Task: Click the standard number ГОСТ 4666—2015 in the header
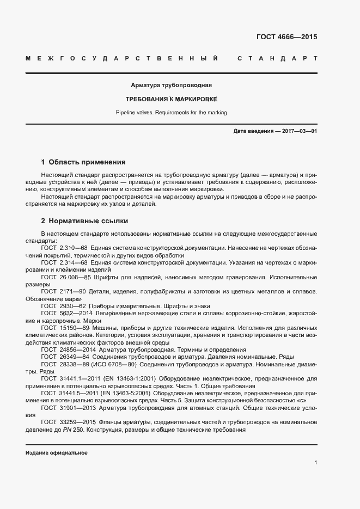[x=286, y=38]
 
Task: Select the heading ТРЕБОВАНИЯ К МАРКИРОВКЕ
[x=171, y=100]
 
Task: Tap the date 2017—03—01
[x=298, y=132]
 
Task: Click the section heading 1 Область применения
[x=83, y=162]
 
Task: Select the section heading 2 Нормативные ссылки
[x=84, y=221]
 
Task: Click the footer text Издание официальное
[x=56, y=453]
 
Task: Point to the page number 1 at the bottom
[x=316, y=462]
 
